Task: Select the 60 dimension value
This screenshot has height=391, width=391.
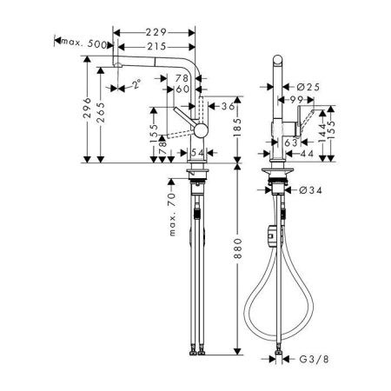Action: [x=183, y=89]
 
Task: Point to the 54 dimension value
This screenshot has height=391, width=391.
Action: [x=196, y=153]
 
